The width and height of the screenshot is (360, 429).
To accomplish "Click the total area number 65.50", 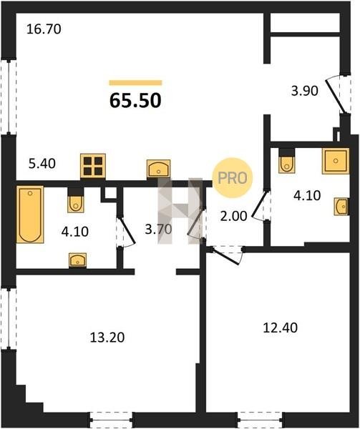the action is click(x=135, y=100).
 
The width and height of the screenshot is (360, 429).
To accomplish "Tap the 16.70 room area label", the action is click(x=44, y=29).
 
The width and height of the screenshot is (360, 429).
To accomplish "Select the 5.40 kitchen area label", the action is click(x=42, y=164).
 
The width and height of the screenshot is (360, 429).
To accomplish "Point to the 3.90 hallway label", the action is click(x=305, y=91).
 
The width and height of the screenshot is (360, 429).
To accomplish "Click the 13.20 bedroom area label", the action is click(x=107, y=337).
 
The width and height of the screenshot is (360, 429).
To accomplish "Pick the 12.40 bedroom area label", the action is click(x=280, y=327).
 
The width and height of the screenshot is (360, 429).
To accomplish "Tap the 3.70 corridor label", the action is click(x=158, y=230).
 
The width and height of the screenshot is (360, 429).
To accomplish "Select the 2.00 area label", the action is click(x=234, y=216).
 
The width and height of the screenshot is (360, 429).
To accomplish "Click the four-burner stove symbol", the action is click(x=93, y=167).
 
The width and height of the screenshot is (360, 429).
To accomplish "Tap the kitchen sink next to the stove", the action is click(x=158, y=169).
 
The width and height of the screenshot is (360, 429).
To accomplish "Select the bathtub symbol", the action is click(x=30, y=214).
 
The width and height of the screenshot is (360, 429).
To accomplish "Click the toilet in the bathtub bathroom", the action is click(x=76, y=200).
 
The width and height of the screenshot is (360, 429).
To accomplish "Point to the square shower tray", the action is click(x=336, y=161).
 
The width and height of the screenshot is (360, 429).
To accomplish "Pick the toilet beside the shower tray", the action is click(x=286, y=161).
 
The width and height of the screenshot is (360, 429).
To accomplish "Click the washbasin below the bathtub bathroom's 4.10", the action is click(x=78, y=260).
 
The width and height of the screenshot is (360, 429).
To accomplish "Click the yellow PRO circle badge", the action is click(x=233, y=178).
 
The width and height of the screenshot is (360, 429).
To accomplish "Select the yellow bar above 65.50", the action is click(x=135, y=83).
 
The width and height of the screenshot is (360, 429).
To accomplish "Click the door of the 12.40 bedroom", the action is click(x=226, y=255).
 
